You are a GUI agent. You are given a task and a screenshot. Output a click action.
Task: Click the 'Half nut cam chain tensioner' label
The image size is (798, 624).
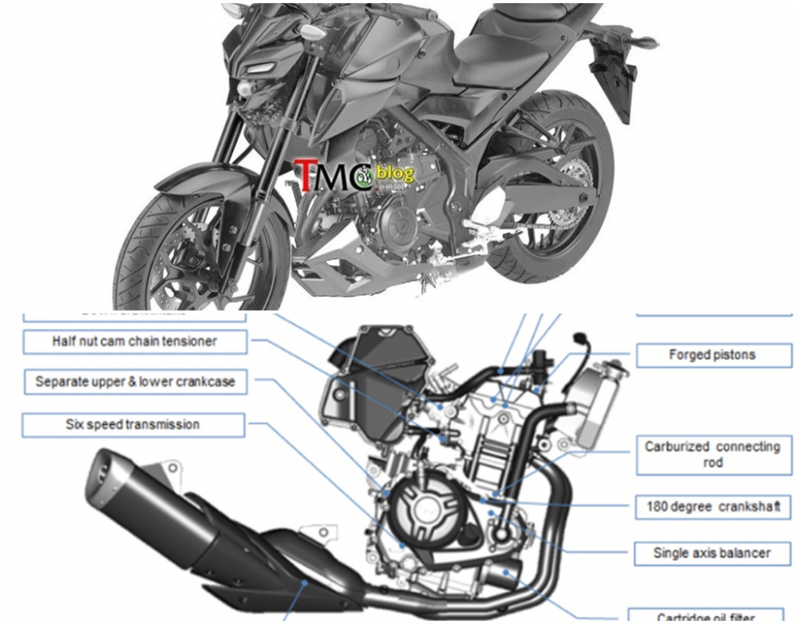tap(134, 342)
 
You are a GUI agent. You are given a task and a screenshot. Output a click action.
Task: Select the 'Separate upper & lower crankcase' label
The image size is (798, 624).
tap(134, 382)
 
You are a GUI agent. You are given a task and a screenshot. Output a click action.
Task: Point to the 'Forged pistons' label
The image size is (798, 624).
tap(713, 355)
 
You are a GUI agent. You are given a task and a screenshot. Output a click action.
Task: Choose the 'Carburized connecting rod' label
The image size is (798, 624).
tap(713, 455)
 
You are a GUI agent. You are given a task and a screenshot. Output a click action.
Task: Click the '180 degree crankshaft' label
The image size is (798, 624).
tap(713, 507)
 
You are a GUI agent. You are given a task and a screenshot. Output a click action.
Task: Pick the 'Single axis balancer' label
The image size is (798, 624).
tap(713, 553)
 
